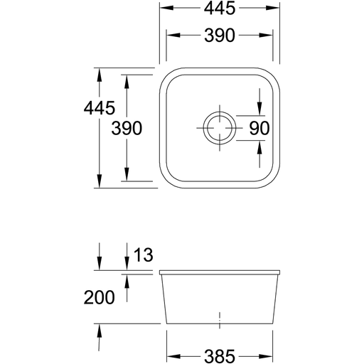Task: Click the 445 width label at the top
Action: [220, 9]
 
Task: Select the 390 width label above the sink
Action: [220, 36]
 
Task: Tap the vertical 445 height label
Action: [100, 108]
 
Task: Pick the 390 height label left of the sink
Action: [127, 128]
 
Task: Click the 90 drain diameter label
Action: [259, 128]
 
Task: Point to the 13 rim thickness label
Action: [144, 255]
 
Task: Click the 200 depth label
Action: [99, 298]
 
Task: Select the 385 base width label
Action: [220, 356]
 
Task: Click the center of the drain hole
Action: [220, 128]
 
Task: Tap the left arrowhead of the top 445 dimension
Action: [167, 8]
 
